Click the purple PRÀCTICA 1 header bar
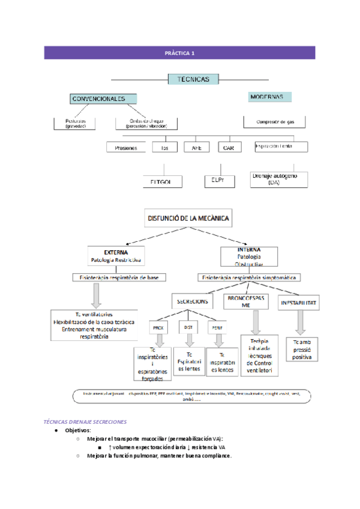180,53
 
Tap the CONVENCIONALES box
103,98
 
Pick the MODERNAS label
269,97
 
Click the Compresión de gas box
274,122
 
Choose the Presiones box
126,148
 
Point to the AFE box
197,148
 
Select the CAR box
228,148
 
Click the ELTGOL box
166,181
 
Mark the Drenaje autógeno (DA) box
278,179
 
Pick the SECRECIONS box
192,302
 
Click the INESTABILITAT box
299,303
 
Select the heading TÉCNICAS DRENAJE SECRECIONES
86,421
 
